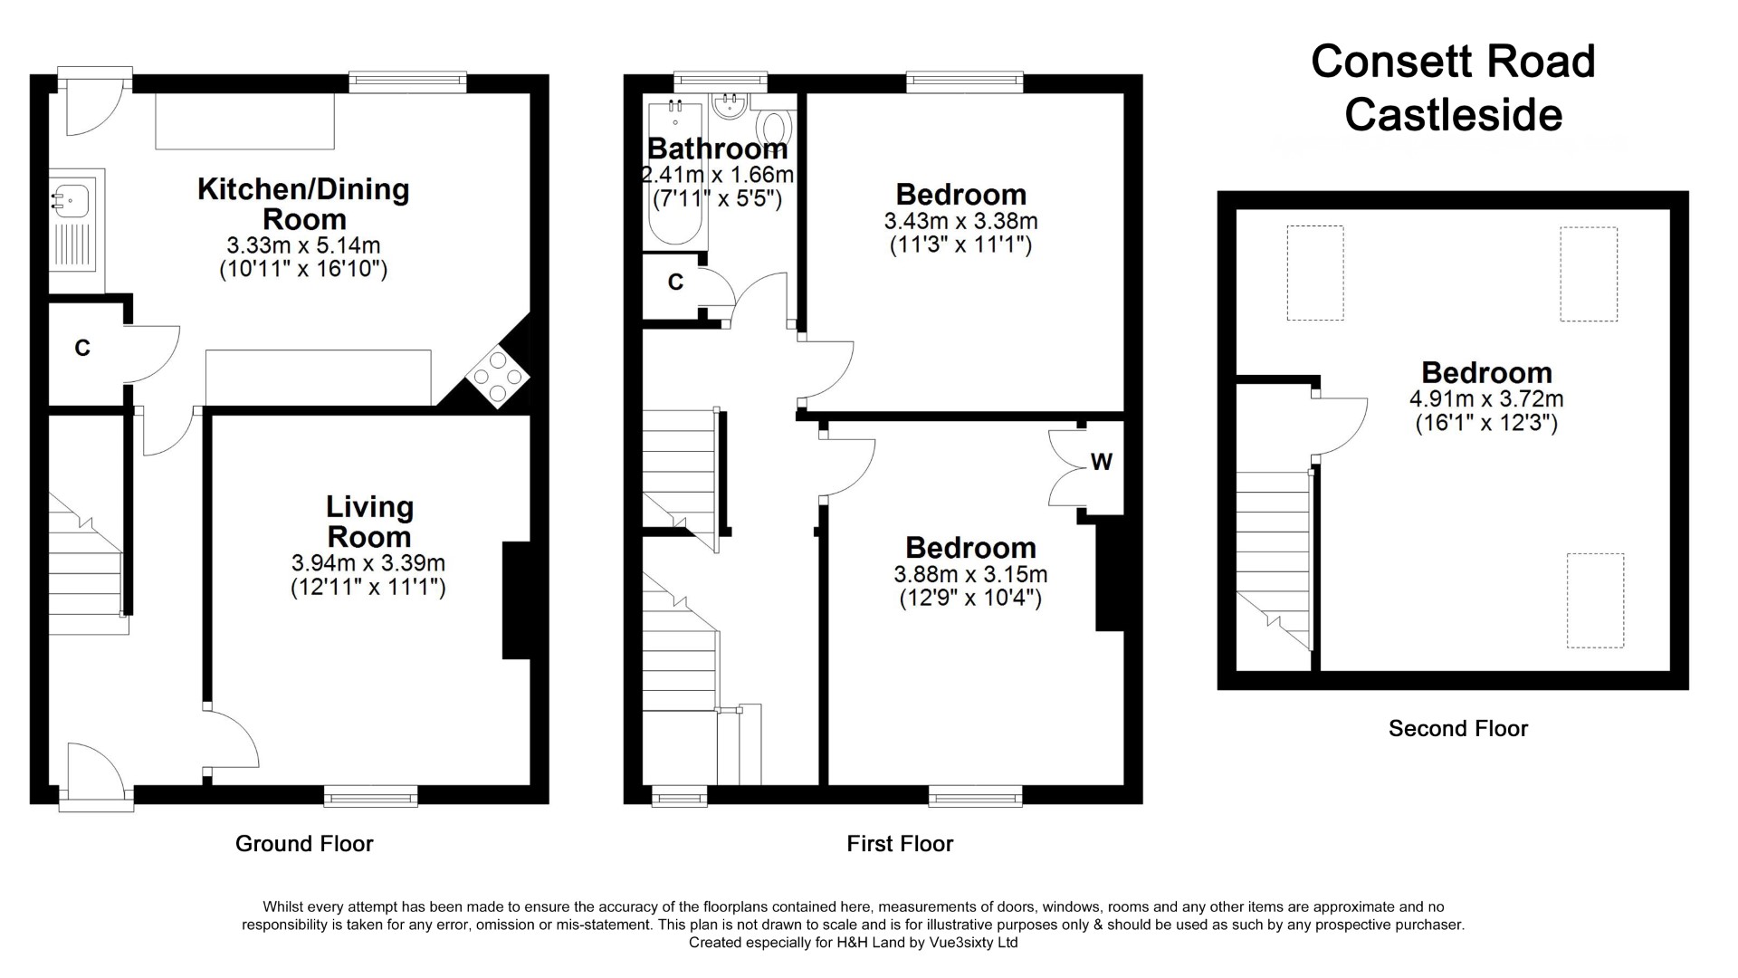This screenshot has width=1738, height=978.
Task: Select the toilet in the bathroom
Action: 774,124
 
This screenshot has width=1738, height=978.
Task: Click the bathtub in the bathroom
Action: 676,172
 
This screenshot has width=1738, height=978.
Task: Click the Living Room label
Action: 369,521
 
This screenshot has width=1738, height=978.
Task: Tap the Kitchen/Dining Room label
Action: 304,204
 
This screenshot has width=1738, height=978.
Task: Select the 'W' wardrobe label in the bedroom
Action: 1101,462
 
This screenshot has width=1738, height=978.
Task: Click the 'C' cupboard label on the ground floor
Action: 82,348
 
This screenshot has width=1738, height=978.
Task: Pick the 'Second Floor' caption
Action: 1458,728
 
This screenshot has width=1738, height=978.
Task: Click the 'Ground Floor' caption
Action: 304,844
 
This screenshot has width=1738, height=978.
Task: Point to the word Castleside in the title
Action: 1454,115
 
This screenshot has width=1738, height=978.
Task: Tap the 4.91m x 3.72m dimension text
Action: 1486,398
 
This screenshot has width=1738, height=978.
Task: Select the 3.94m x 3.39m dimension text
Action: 368,563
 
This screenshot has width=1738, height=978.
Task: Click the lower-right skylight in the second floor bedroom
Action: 1595,600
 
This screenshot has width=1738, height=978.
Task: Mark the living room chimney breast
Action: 516,600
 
